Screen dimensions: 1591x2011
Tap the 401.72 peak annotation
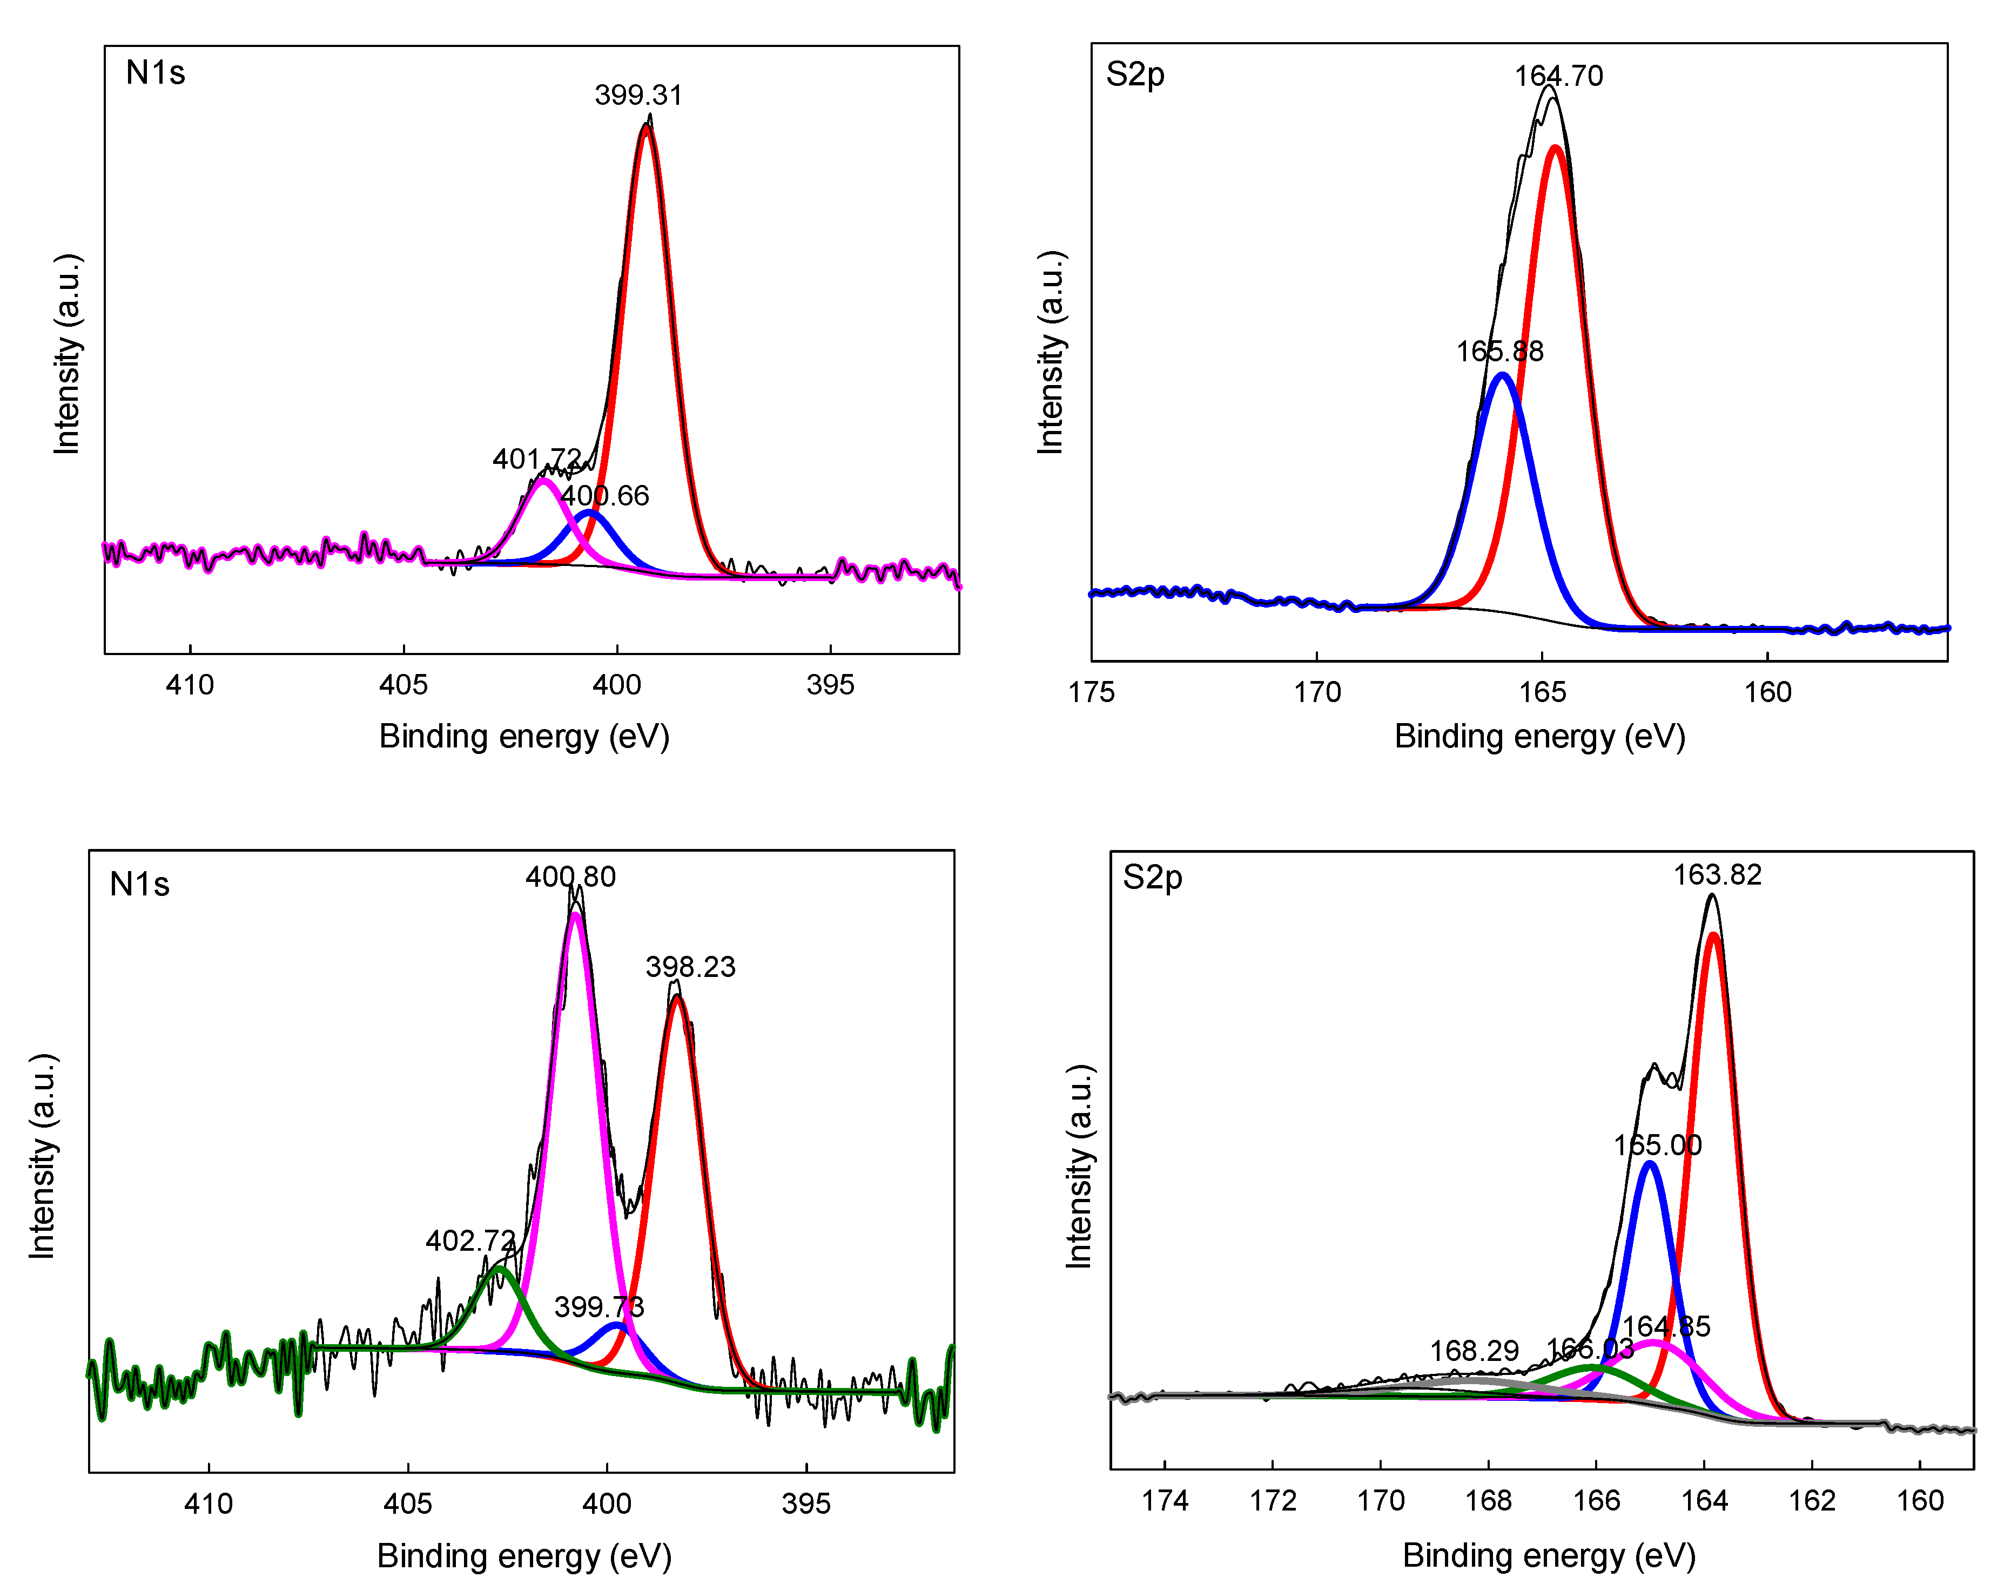[536, 459]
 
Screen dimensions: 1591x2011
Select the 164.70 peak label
[1558, 76]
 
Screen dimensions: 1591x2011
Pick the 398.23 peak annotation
[690, 967]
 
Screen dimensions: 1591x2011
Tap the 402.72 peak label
[470, 1241]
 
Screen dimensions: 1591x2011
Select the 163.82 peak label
[1718, 875]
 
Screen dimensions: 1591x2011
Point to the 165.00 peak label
[1657, 1145]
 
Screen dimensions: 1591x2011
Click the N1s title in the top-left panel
[156, 73]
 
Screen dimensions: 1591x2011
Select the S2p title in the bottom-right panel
[1152, 878]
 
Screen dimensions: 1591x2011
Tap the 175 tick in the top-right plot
[1092, 692]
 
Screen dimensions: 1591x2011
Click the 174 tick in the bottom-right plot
[1165, 1501]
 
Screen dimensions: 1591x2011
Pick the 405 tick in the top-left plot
[403, 685]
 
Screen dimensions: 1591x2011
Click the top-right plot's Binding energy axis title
[1539, 737]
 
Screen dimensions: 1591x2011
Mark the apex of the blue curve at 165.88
[1502, 375]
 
